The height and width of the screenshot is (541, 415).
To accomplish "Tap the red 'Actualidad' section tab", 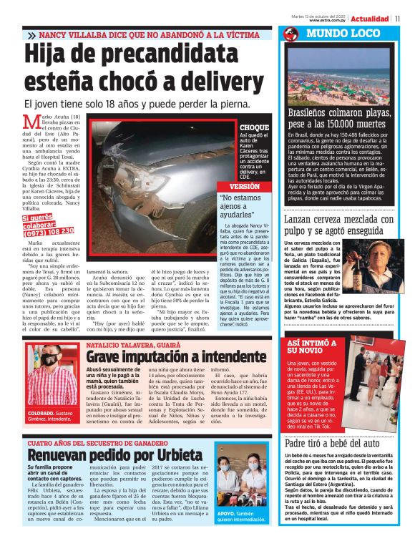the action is pyautogui.click(x=372, y=18).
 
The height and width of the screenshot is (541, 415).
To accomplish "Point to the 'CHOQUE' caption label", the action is pyautogui.click(x=255, y=127).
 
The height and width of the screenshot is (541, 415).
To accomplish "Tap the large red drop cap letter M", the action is pyautogui.click(x=30, y=124).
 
